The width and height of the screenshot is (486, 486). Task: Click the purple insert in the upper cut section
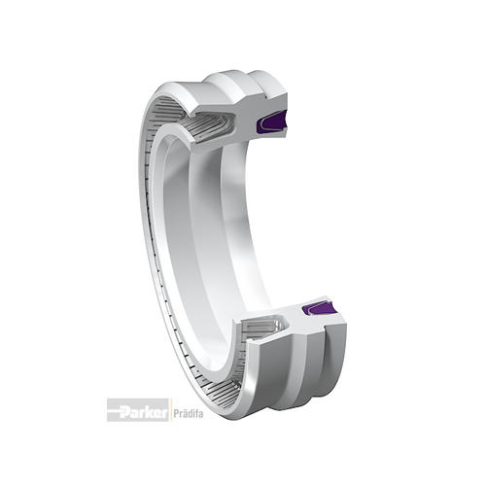270,122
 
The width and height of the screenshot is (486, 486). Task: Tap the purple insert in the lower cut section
319,308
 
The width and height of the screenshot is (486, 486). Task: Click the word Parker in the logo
143,413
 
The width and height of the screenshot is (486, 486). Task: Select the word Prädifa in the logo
189,414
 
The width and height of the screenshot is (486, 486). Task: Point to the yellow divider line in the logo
171,410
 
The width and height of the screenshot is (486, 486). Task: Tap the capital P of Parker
124,413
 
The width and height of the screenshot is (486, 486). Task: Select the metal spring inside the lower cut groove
262,328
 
